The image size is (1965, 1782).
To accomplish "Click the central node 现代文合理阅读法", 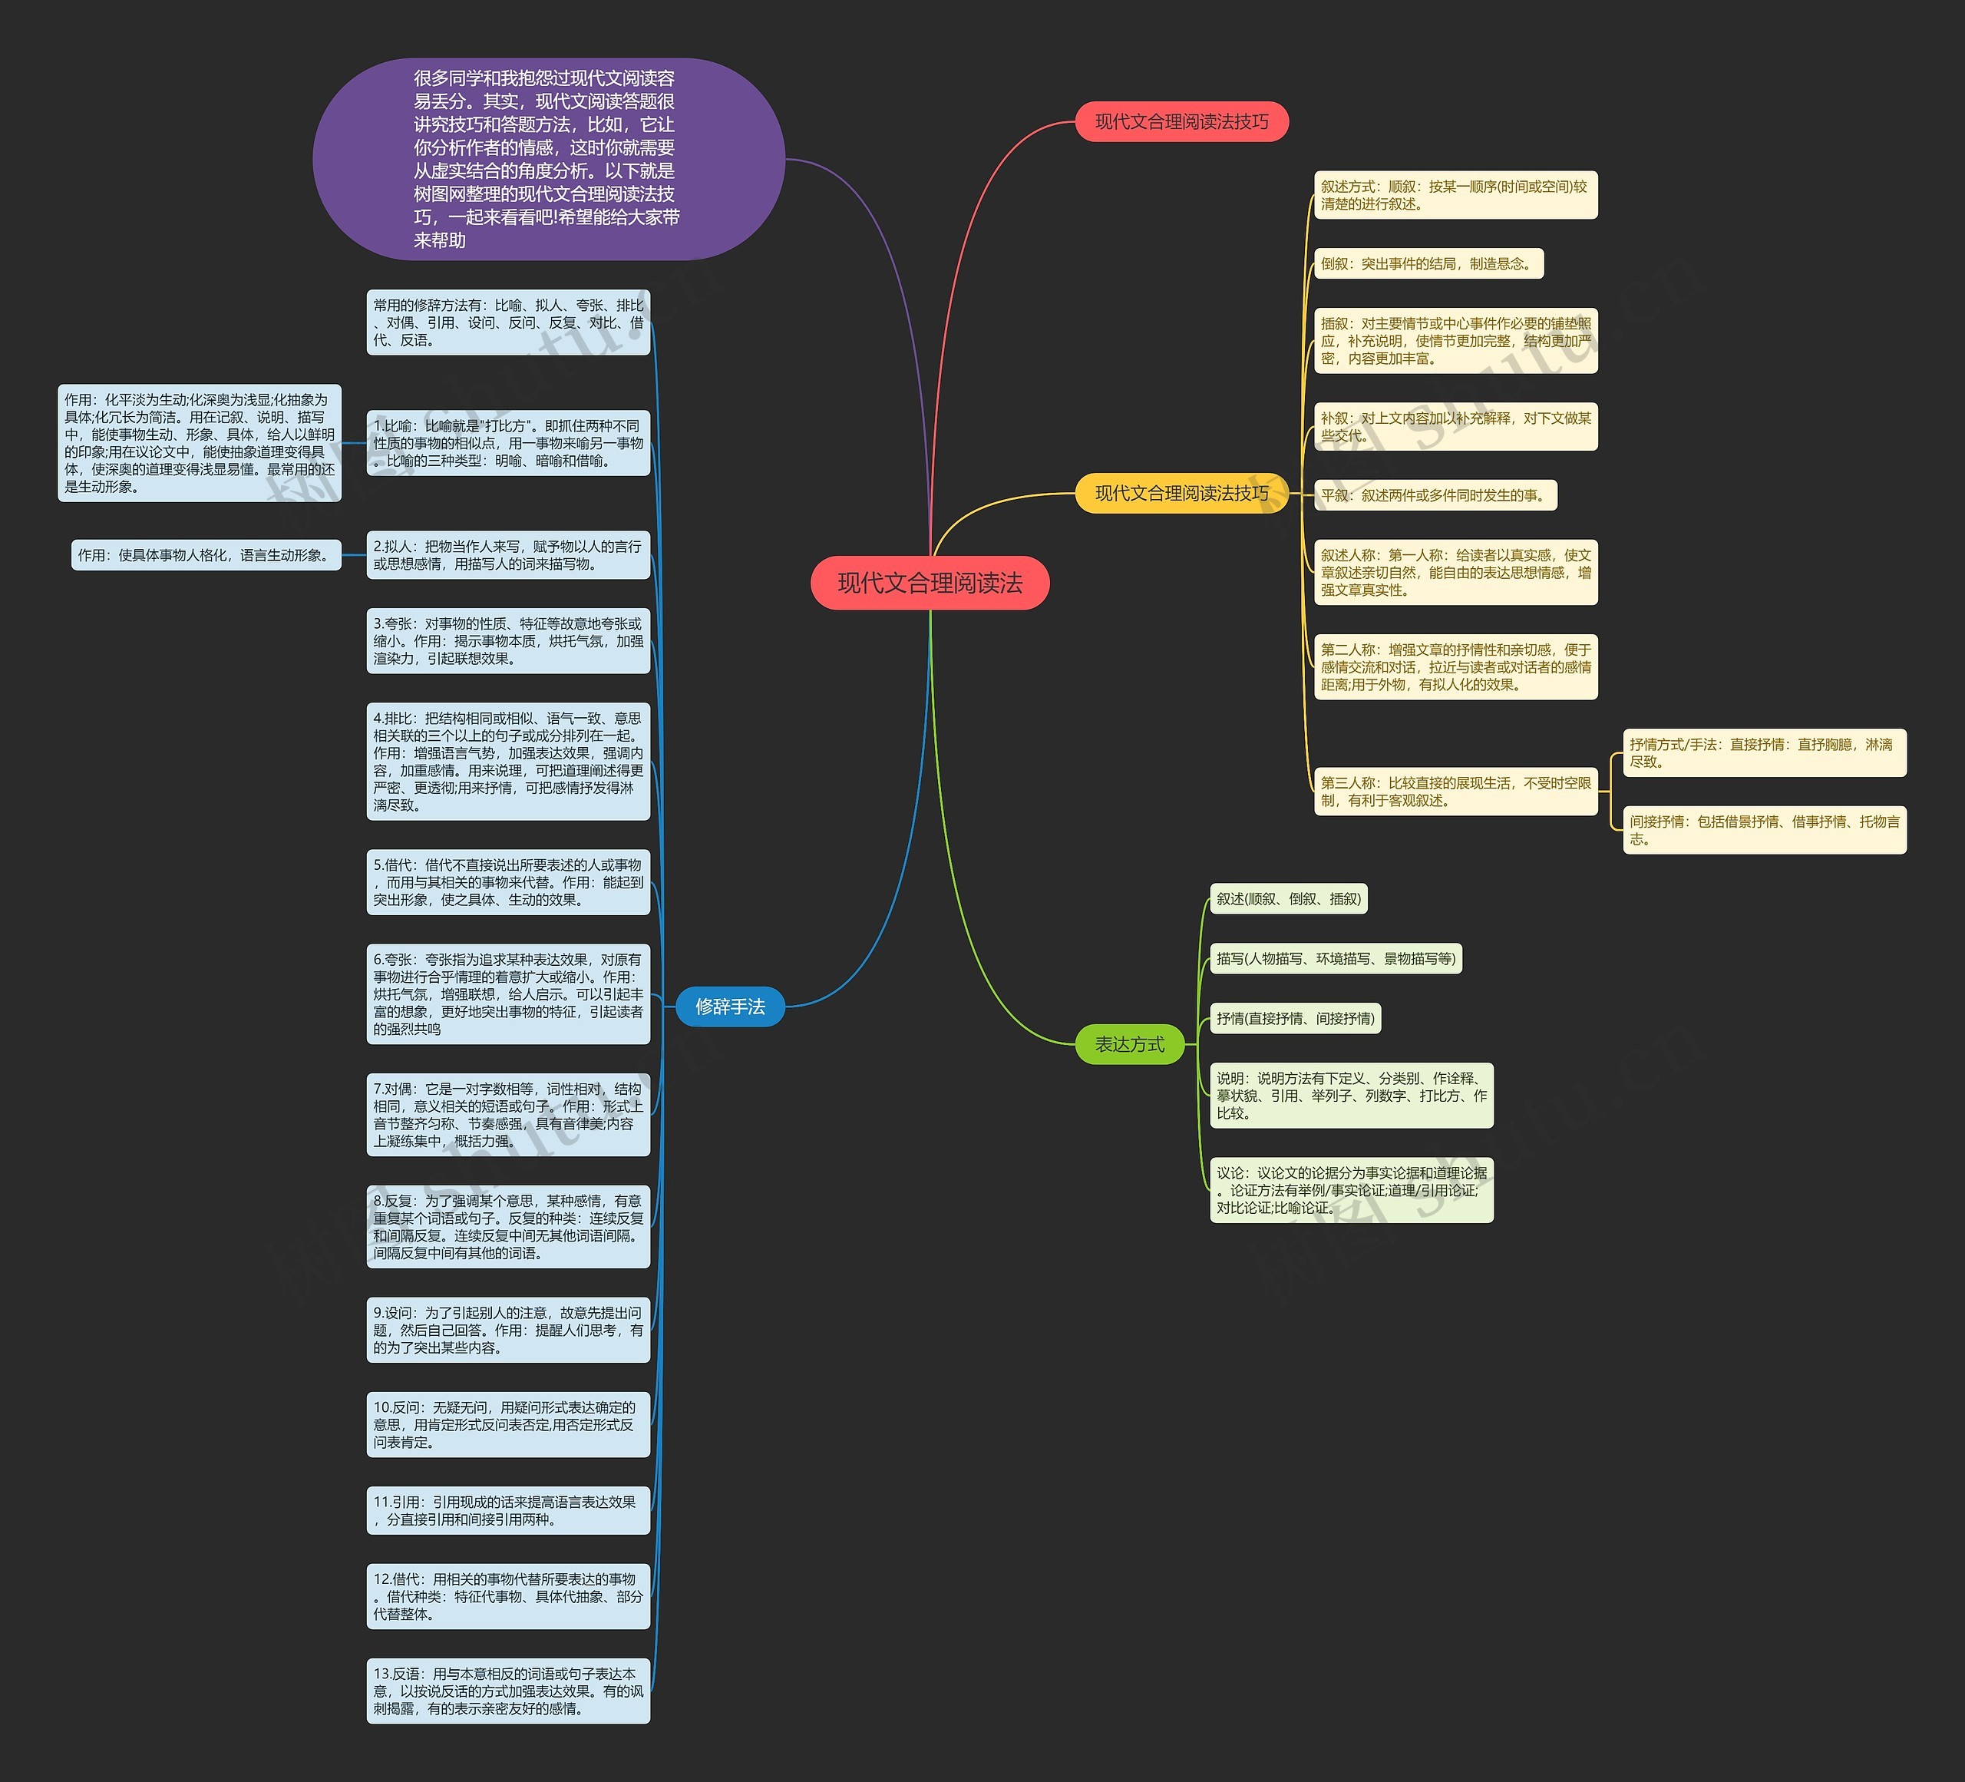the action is point(930,583).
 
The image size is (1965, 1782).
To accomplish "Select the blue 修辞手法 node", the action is point(730,1006).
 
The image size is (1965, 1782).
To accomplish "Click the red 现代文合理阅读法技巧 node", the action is point(1181,122).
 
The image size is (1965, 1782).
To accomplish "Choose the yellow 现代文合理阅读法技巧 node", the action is point(1181,493).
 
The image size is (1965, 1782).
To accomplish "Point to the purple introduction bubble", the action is point(548,159).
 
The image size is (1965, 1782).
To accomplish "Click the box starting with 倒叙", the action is point(1428,263).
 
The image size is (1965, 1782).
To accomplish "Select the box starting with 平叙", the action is point(1435,495).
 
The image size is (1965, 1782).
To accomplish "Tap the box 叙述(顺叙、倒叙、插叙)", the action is point(1287,899).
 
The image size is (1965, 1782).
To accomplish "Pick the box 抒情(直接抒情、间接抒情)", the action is point(1296,1019).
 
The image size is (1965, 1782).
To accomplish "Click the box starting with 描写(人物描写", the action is point(1336,958).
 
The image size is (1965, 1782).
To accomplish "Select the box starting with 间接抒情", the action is point(1763,830).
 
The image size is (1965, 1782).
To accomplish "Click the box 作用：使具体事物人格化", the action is point(206,554).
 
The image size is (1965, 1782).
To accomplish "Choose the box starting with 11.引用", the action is point(508,1510).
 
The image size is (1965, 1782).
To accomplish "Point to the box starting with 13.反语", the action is point(508,1691).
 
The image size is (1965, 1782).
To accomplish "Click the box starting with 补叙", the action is point(1455,426).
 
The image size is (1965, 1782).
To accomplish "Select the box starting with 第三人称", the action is point(1455,791).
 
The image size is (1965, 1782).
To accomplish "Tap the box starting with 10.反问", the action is point(508,1424).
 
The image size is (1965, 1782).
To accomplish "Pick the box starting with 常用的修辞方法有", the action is point(508,322).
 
